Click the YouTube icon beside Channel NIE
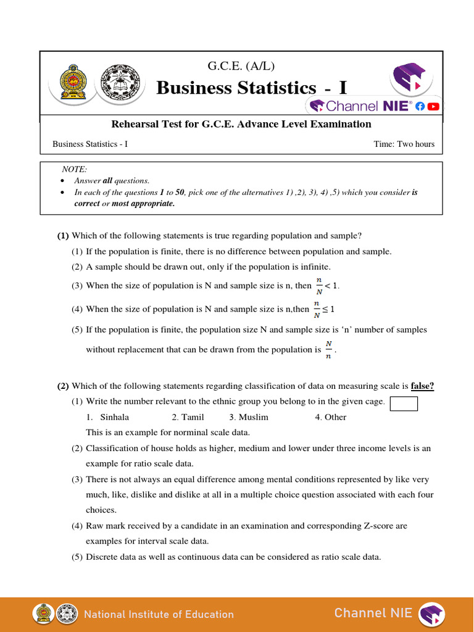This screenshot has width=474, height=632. (x=433, y=106)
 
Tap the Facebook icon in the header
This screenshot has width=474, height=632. (x=420, y=106)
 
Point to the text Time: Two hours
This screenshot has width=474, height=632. (x=404, y=144)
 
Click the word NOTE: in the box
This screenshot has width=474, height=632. (x=75, y=169)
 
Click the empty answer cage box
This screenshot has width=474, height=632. (x=404, y=404)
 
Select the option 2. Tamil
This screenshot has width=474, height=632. (x=188, y=417)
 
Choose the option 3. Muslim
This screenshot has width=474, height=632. (x=248, y=417)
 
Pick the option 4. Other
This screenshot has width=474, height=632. (x=330, y=417)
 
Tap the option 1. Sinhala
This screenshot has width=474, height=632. (x=108, y=417)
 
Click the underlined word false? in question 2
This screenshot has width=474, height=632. (x=422, y=386)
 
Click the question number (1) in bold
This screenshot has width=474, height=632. (x=63, y=236)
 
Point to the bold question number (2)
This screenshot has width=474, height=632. (x=63, y=386)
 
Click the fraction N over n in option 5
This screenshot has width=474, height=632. (x=329, y=349)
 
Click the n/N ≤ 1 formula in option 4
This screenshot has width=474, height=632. (x=324, y=309)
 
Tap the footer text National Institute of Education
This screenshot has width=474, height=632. (x=159, y=614)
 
